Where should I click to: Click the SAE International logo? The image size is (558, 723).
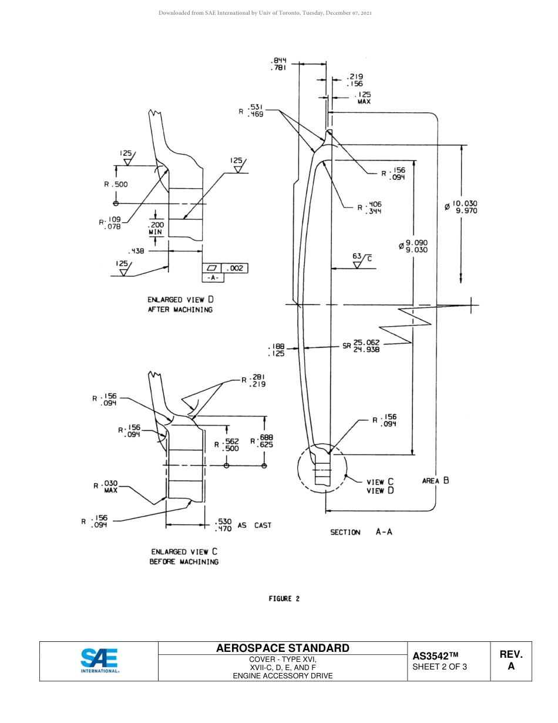coord(99,661)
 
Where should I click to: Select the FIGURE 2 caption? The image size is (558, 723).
coord(284,599)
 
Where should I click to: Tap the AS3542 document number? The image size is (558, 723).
coord(435,656)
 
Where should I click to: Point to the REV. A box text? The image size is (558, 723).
coord(510,661)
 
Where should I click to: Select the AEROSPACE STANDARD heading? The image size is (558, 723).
coord(283,648)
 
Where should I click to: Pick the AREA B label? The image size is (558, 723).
coord(435,481)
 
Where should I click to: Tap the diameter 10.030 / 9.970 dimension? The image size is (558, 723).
coord(462,207)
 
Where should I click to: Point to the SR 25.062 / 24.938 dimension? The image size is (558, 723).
coord(361,346)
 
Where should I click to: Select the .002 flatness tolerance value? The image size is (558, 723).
coord(236,269)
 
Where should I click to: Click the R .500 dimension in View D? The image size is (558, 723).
coord(116,184)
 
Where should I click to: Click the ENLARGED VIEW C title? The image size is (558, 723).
coord(184,552)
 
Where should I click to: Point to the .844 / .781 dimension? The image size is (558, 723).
coord(278,64)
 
